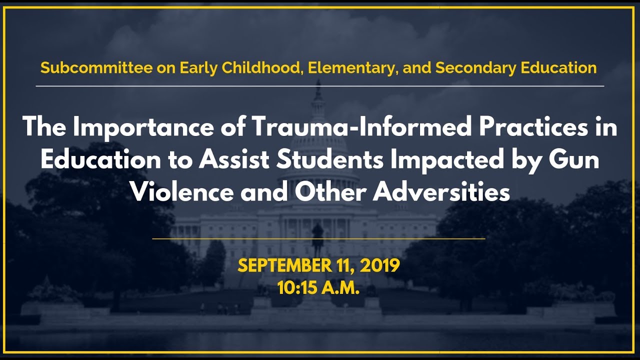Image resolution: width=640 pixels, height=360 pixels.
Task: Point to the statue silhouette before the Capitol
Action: click(317, 237)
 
